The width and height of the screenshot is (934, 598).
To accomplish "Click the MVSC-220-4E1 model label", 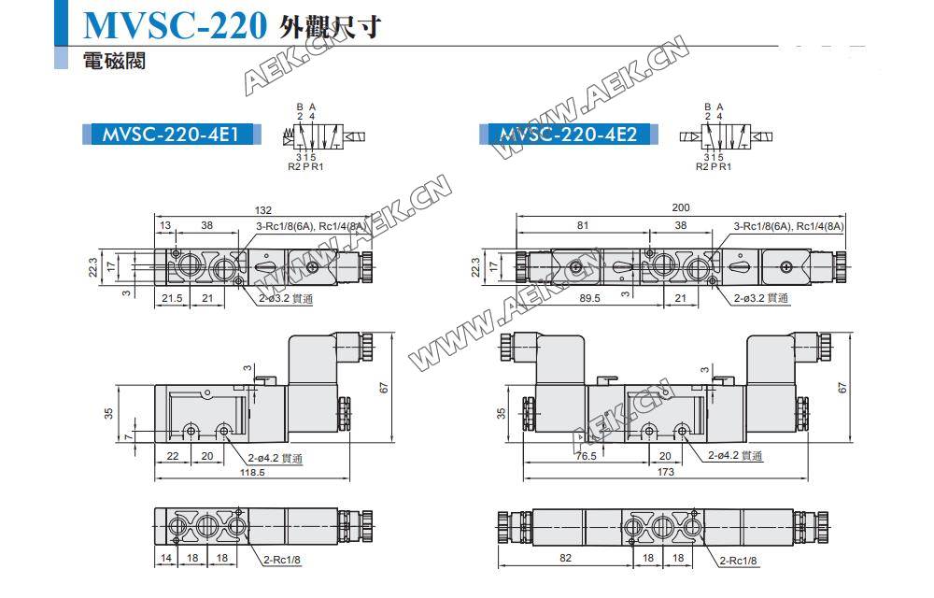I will pyautogui.click(x=164, y=135).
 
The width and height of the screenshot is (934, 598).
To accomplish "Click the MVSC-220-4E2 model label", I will pyautogui.click(x=568, y=135).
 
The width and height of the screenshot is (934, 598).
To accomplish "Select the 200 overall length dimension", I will pyautogui.click(x=680, y=208).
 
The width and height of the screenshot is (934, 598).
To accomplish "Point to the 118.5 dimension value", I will pyautogui.click(x=251, y=473).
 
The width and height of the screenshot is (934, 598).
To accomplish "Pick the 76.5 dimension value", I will pyautogui.click(x=585, y=456).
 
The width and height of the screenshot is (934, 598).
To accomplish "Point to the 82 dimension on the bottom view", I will pyautogui.click(x=566, y=560).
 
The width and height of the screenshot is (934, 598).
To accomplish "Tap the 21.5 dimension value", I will pyautogui.click(x=172, y=297).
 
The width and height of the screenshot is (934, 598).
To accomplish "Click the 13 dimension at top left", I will pyautogui.click(x=165, y=225).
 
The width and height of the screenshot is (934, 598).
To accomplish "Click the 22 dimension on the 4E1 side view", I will pyautogui.click(x=172, y=456).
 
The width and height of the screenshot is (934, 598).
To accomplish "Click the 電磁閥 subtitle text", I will pyautogui.click(x=113, y=62).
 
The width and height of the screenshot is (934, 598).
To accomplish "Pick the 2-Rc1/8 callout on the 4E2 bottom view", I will pyautogui.click(x=737, y=561).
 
